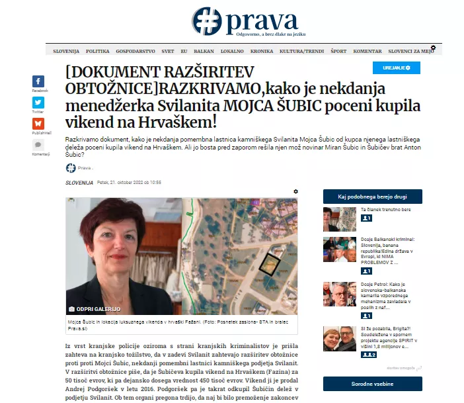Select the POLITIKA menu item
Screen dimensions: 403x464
pyautogui.click(x=97, y=51)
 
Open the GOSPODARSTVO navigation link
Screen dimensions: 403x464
pyautogui.click(x=135, y=51)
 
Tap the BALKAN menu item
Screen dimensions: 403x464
pyautogui.click(x=204, y=51)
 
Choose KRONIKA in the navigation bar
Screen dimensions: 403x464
pyautogui.click(x=262, y=51)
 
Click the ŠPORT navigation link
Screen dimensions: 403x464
pyautogui.click(x=338, y=51)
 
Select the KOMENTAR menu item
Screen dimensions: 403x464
pyautogui.click(x=367, y=51)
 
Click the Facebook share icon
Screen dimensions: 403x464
pyautogui.click(x=38, y=81)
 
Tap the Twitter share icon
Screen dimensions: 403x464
pyautogui.click(x=38, y=103)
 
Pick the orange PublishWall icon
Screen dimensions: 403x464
pyautogui.click(x=38, y=124)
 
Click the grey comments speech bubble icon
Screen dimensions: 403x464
pyautogui.click(x=38, y=145)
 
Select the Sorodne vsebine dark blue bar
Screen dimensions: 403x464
pyautogui.click(x=372, y=383)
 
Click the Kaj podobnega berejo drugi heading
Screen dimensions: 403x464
pyautogui.click(x=372, y=197)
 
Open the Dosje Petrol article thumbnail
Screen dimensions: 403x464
pyautogui.click(x=339, y=294)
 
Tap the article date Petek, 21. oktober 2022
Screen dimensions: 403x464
pyautogui.click(x=129, y=182)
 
